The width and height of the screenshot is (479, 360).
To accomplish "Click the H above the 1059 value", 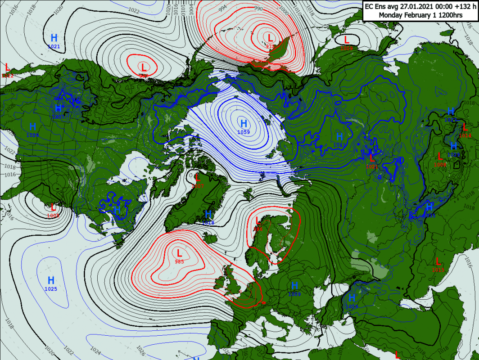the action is (244, 124).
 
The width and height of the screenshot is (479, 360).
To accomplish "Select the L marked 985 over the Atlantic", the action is (179, 253).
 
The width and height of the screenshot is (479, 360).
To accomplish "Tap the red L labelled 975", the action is (270, 38).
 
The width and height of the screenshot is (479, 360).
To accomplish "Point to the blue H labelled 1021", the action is (54, 38).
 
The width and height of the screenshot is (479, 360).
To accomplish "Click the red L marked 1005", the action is (53, 207).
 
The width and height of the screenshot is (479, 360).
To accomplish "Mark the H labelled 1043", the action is (339, 136).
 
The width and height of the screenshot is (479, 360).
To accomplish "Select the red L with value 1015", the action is (438, 261).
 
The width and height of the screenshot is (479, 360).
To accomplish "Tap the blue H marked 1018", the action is (208, 215).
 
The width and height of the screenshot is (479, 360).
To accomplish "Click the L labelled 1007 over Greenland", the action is (197, 178).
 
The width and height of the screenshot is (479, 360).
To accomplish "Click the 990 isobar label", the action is (258, 9).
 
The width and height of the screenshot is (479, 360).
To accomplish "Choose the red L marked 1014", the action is (465, 128).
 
